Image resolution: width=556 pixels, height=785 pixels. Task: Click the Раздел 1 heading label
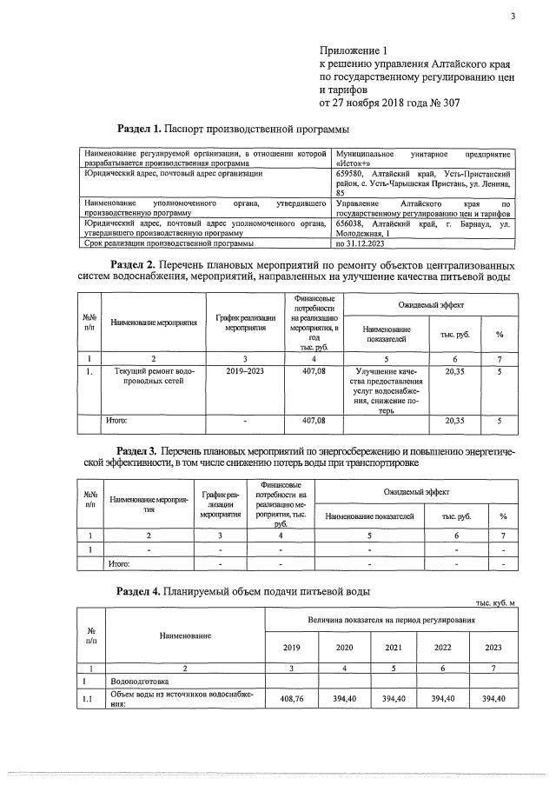138,130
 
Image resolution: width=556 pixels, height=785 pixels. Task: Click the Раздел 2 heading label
132,264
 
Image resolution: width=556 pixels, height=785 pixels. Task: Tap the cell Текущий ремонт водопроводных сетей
154,376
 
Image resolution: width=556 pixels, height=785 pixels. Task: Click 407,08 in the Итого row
314,421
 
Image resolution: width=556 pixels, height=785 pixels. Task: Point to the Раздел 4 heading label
137,591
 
